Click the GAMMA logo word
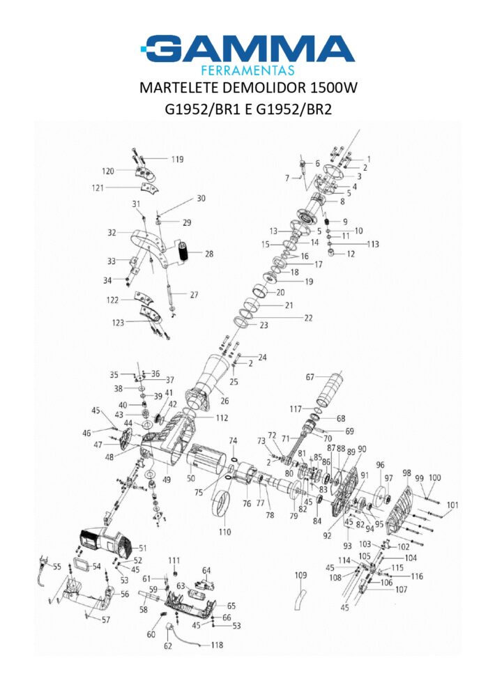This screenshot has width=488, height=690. click(248, 47)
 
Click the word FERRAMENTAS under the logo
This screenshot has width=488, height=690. click(247, 70)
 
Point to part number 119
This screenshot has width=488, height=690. click(177, 160)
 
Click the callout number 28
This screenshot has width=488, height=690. click(209, 254)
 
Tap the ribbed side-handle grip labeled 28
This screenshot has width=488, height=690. click(183, 252)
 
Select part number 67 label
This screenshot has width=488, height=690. click(310, 377)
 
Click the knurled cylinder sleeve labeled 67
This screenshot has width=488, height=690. click(330, 390)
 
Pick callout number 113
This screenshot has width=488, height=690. click(373, 244)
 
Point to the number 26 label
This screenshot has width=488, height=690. click(225, 401)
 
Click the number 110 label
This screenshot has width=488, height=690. click(225, 532)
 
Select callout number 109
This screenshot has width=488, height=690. click(301, 575)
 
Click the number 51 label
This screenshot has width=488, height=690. click(143, 549)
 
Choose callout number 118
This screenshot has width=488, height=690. click(217, 645)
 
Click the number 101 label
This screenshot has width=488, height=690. click(452, 505)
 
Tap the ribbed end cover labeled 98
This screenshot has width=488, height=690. click(402, 510)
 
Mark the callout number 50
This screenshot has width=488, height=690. click(190, 479)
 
